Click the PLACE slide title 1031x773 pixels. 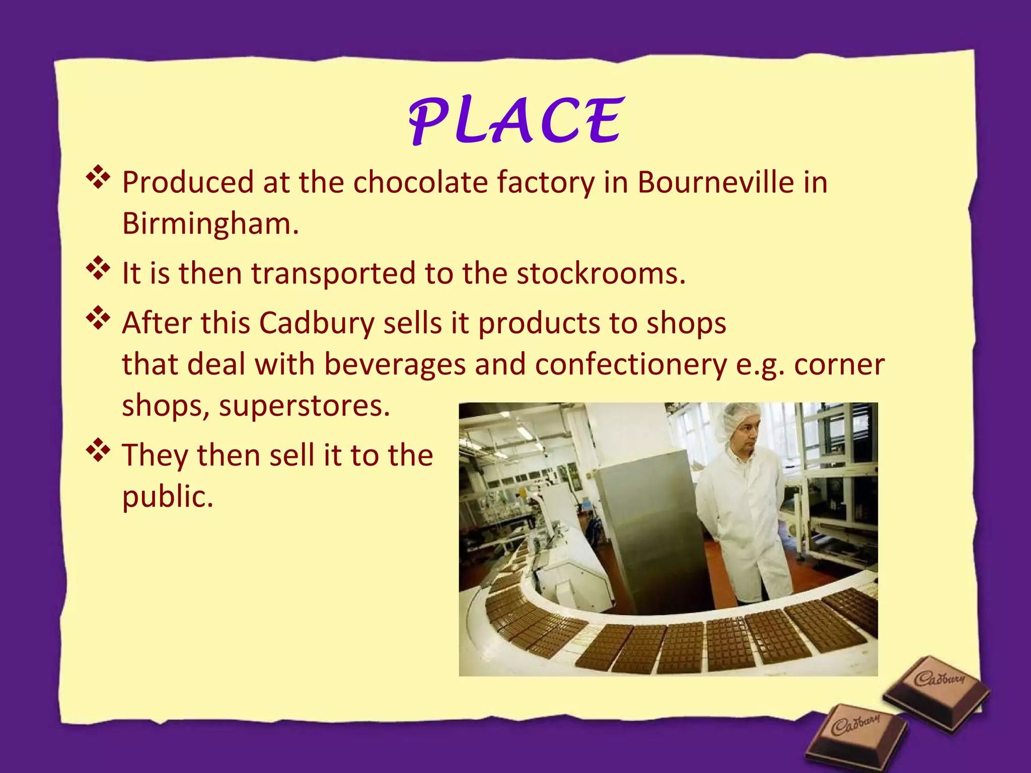(516, 121)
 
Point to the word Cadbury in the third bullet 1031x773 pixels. (317, 323)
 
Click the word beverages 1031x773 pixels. (395, 364)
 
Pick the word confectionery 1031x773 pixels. (631, 365)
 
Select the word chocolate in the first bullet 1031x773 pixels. (420, 182)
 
